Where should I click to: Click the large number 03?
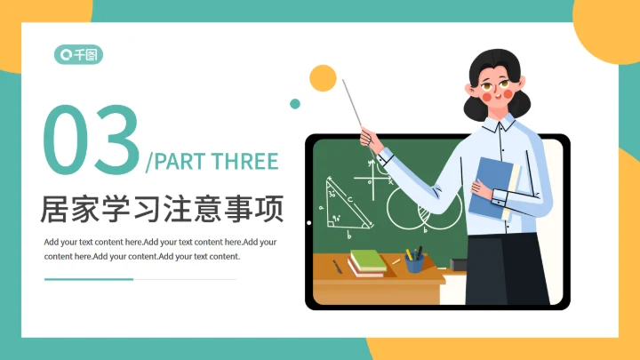coord(92,140)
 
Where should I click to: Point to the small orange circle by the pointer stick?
coord(323,78)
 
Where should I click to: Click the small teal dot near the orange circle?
coord(295,104)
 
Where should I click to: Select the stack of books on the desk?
coord(367,262)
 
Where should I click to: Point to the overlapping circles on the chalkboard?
coord(416,208)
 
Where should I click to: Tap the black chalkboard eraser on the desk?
coord(460,264)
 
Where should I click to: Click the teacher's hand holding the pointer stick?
coord(369,139)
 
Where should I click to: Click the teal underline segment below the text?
coord(89,278)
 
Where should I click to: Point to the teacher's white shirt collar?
coord(503,124)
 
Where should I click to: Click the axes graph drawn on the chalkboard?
coord(377,173)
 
